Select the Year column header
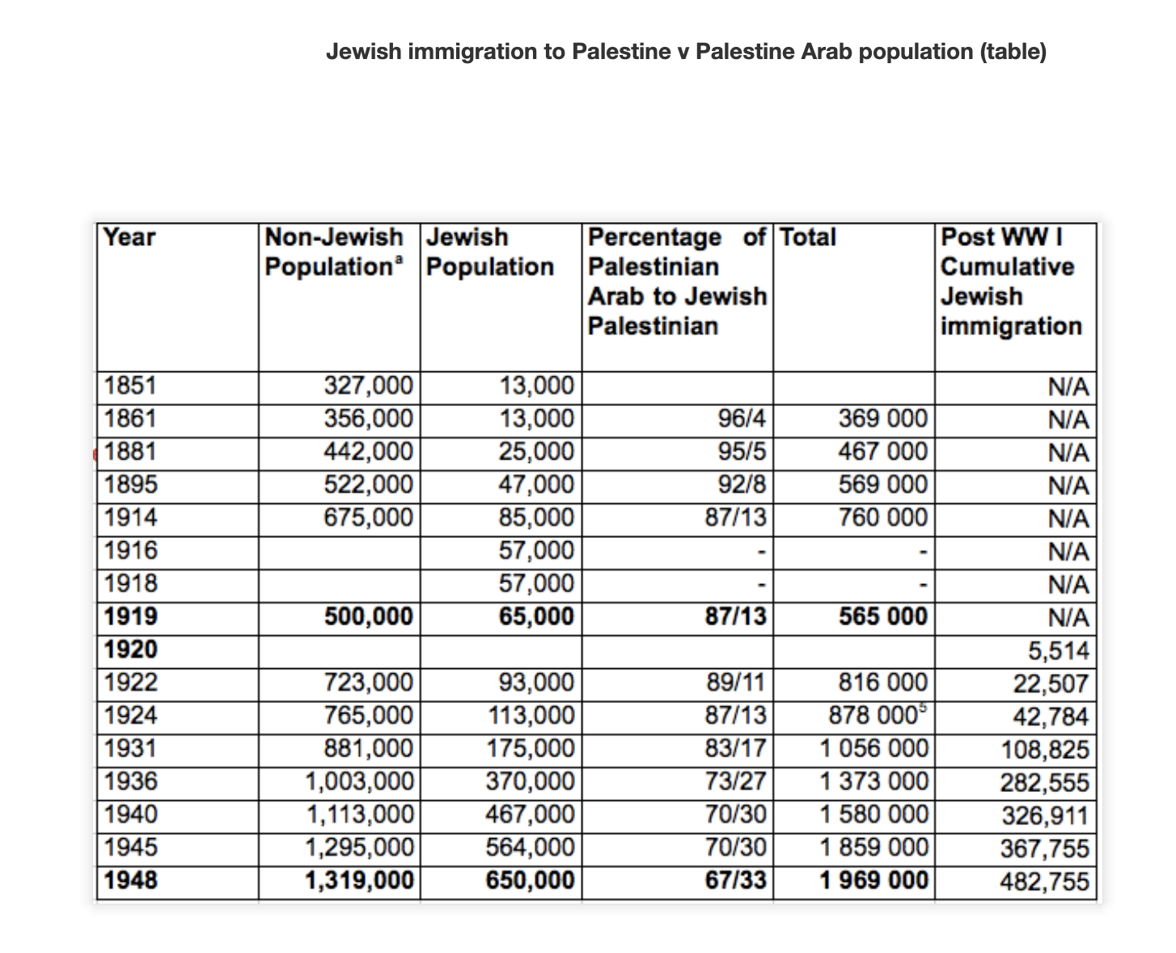[x=129, y=238]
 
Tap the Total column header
[x=808, y=238]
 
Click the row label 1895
[x=131, y=485]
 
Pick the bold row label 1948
[x=131, y=880]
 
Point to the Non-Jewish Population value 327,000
[x=368, y=386]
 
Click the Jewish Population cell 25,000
[x=535, y=451]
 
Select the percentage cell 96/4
[x=741, y=419]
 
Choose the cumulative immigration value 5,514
[x=1055, y=650]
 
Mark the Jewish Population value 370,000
[x=530, y=781]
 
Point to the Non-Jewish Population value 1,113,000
[x=359, y=814]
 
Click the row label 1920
[x=131, y=649]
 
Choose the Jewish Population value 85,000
[x=535, y=517]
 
